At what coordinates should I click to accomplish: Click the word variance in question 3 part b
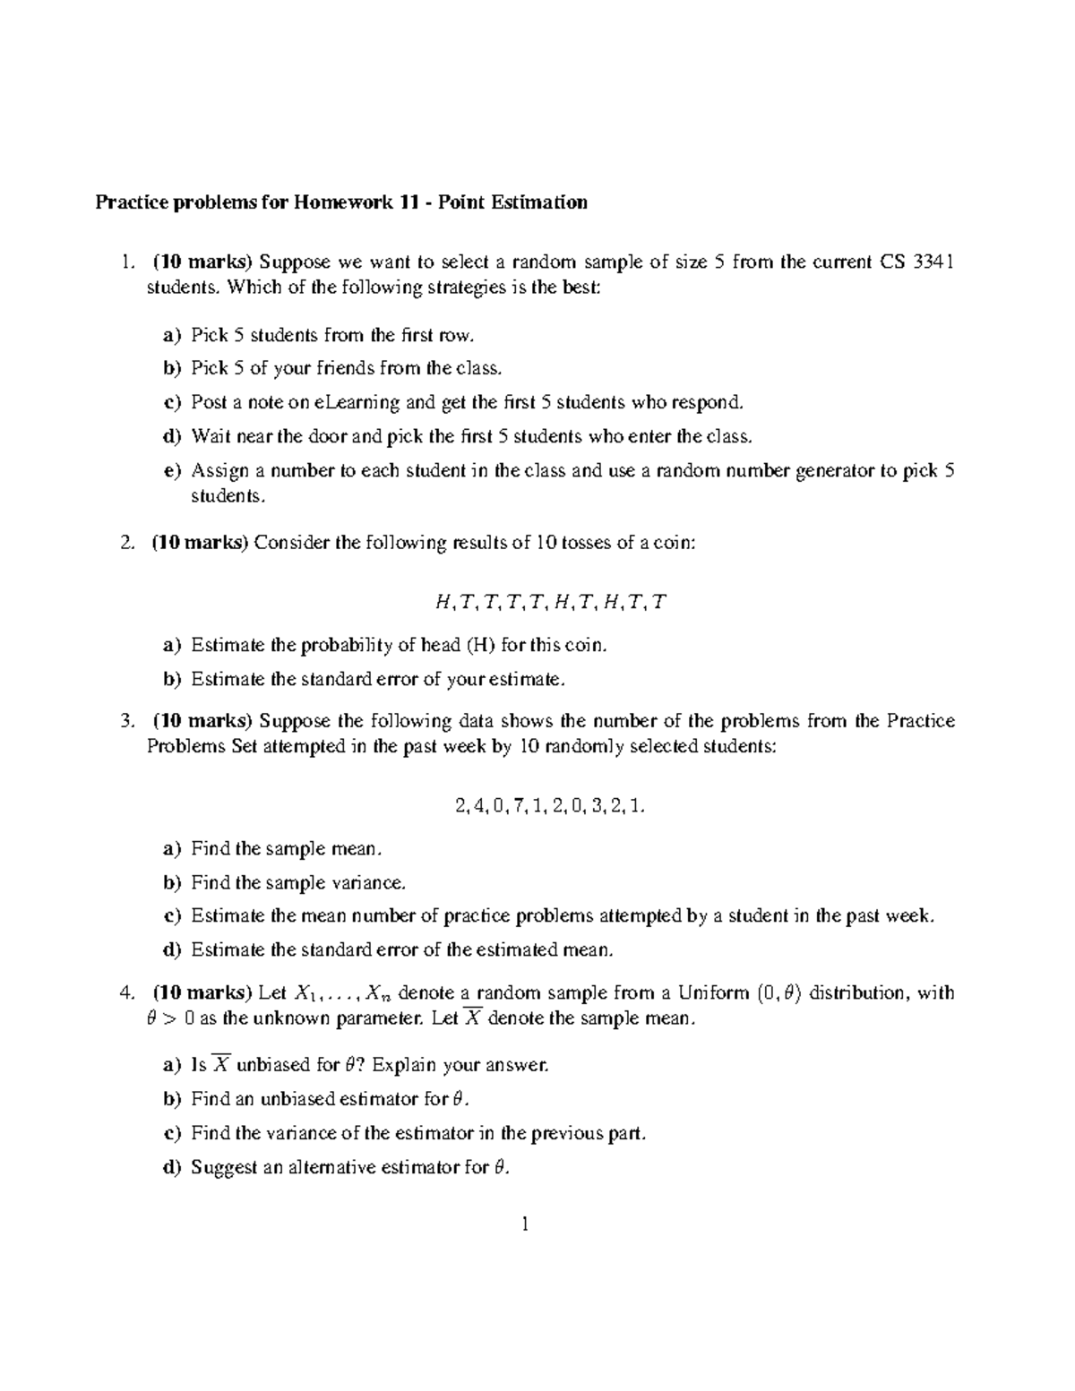tap(366, 882)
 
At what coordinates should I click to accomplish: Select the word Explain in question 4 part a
tap(401, 1065)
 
